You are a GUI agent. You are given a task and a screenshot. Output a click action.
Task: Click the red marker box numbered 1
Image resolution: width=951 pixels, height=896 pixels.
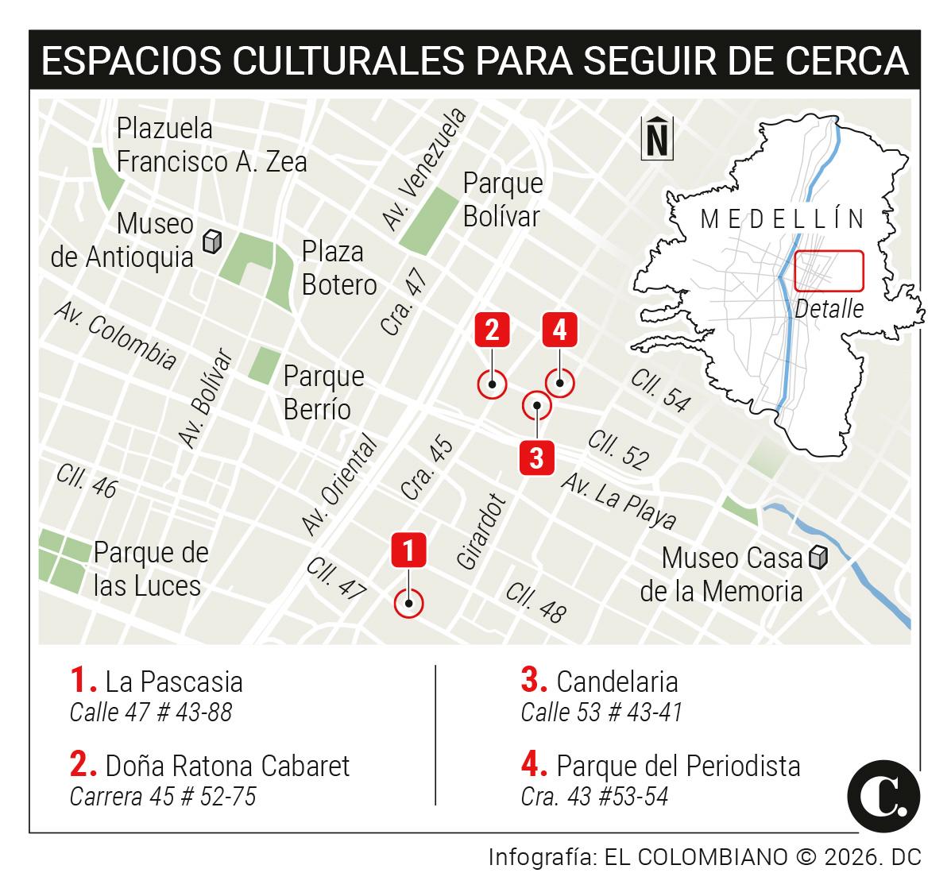(409, 550)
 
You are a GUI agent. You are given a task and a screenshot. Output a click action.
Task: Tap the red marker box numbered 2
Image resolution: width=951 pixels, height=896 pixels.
(492, 329)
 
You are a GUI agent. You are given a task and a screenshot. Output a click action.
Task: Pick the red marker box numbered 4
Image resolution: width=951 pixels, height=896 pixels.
(560, 329)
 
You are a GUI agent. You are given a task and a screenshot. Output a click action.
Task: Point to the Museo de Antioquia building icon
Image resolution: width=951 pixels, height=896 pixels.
(211, 241)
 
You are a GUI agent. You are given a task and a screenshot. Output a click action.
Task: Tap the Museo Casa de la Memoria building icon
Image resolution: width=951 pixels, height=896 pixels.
(818, 558)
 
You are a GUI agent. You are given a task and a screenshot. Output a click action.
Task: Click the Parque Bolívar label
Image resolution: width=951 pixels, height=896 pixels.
(503, 199)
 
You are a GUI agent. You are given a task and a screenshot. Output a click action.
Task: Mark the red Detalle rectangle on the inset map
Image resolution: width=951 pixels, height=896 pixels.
(829, 270)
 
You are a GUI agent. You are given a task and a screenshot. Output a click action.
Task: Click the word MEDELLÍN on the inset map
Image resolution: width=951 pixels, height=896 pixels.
(783, 218)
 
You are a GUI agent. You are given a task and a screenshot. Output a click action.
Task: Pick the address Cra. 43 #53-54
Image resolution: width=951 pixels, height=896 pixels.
(594, 795)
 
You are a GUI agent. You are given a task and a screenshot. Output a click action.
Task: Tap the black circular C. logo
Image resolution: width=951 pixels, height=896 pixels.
(883, 797)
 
